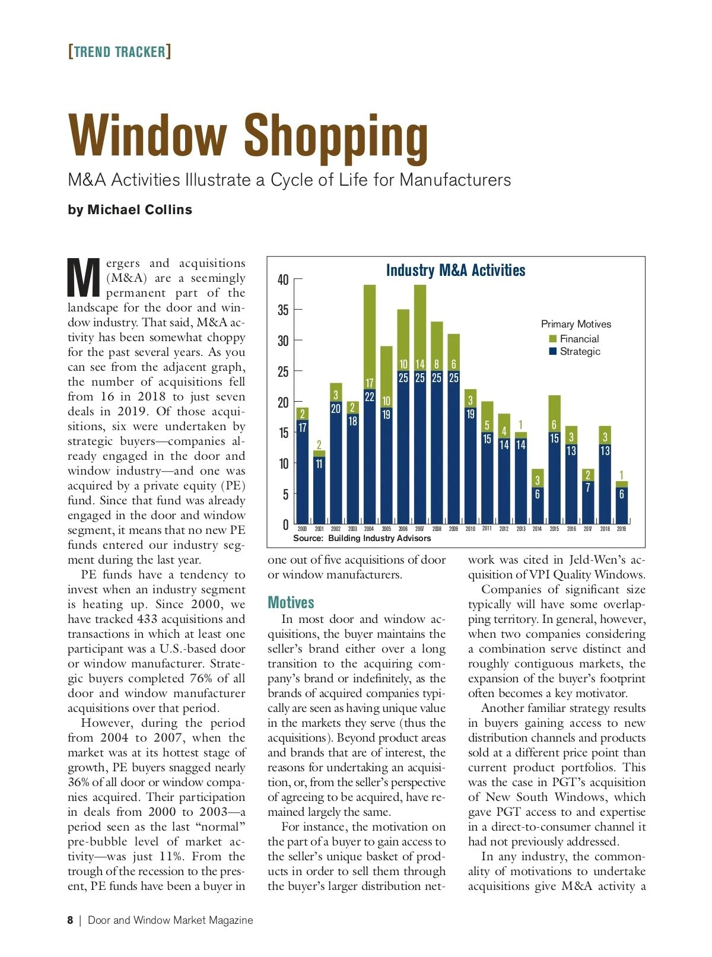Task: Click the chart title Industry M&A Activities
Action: coord(456,271)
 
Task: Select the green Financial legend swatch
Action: coord(553,339)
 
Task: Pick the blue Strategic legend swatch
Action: coord(553,351)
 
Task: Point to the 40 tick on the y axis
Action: coord(284,279)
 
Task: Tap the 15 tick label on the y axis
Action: coord(284,433)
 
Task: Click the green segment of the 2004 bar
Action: coord(370,332)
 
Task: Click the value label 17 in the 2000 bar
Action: coord(303,428)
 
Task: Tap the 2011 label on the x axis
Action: coord(487,529)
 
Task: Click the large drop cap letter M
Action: coord(84,278)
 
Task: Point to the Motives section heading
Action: coord(291,603)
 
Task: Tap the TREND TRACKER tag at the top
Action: coord(120,52)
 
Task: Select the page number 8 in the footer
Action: coord(70,920)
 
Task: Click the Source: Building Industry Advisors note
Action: coord(362,538)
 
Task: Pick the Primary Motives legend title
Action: coord(576,324)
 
